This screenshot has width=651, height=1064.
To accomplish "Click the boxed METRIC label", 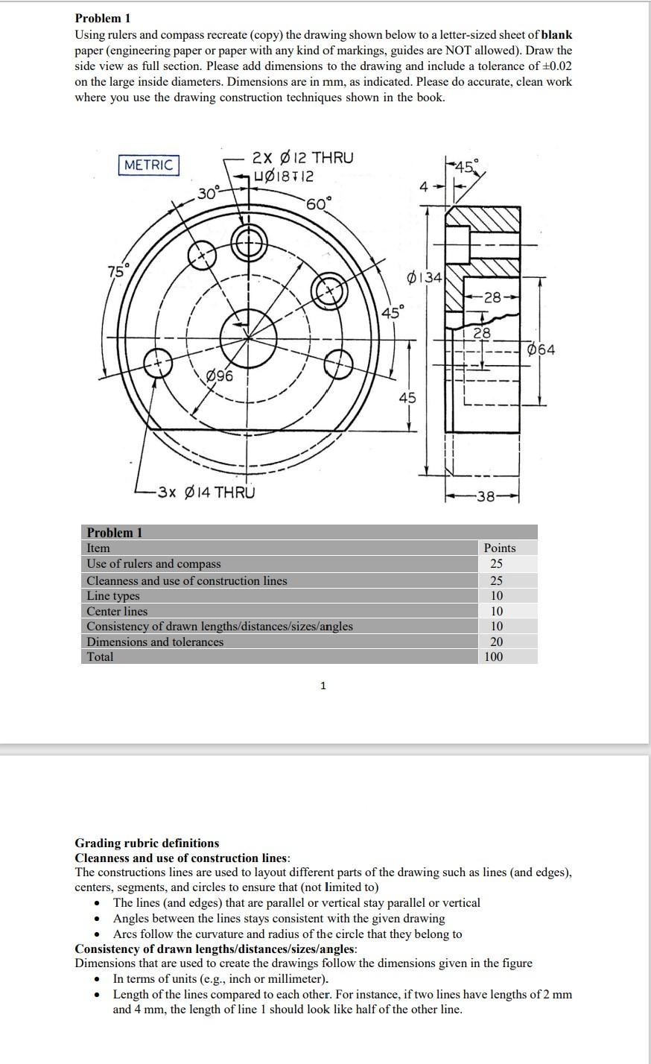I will pyautogui.click(x=148, y=165).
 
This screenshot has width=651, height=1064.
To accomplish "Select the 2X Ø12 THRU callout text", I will pyautogui.click(x=302, y=158).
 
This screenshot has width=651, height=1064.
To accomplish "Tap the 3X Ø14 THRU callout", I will pyautogui.click(x=206, y=492).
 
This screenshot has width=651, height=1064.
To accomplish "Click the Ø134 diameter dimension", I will pyautogui.click(x=425, y=278).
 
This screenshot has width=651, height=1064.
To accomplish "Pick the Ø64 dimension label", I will pyautogui.click(x=542, y=349).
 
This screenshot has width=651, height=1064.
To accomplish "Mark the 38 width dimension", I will pyautogui.click(x=486, y=496).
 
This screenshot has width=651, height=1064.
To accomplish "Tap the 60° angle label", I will pyautogui.click(x=318, y=203).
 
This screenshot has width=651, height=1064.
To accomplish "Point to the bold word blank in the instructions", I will pyautogui.click(x=556, y=34).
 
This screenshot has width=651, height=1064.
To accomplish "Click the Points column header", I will pyautogui.click(x=499, y=548).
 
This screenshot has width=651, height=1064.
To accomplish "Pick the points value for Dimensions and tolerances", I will pyautogui.click(x=496, y=642).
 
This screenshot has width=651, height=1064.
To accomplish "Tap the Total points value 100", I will pyautogui.click(x=493, y=656).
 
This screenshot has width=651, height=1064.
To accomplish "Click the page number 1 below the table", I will pyautogui.click(x=323, y=685).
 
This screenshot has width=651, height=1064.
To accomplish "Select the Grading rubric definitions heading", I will pyautogui.click(x=147, y=843).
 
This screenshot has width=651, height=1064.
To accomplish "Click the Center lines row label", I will pyautogui.click(x=117, y=611).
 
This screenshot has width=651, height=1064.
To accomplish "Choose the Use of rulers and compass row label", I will pyautogui.click(x=153, y=564).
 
